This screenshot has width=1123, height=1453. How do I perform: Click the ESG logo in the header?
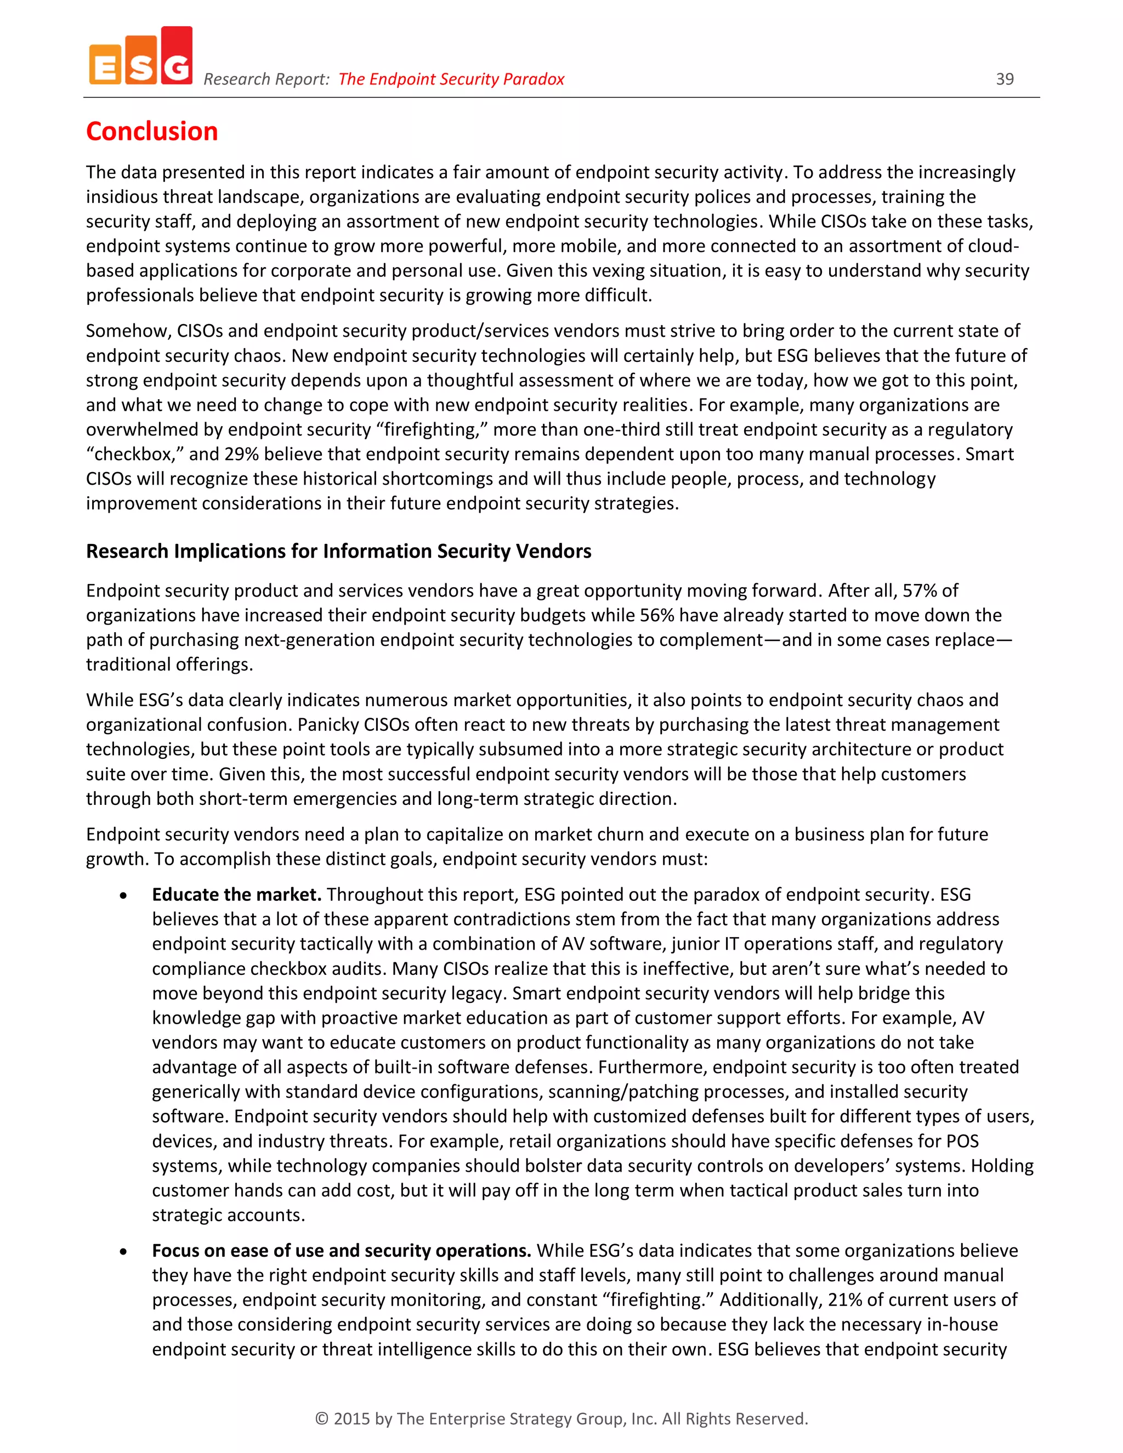click(x=140, y=56)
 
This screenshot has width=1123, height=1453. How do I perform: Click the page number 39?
click(x=1005, y=79)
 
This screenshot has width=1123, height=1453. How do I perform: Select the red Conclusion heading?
click(x=152, y=131)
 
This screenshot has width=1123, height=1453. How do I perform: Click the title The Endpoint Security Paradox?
click(x=451, y=79)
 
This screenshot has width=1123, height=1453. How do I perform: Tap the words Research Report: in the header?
click(x=266, y=79)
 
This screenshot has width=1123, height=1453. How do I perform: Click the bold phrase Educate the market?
click(x=236, y=895)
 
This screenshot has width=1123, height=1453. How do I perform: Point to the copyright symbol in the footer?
click(x=322, y=1419)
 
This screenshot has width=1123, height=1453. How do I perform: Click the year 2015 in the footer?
click(x=351, y=1419)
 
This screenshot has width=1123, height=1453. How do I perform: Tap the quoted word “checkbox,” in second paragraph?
click(x=134, y=455)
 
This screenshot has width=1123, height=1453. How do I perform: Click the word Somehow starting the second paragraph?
click(x=126, y=331)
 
